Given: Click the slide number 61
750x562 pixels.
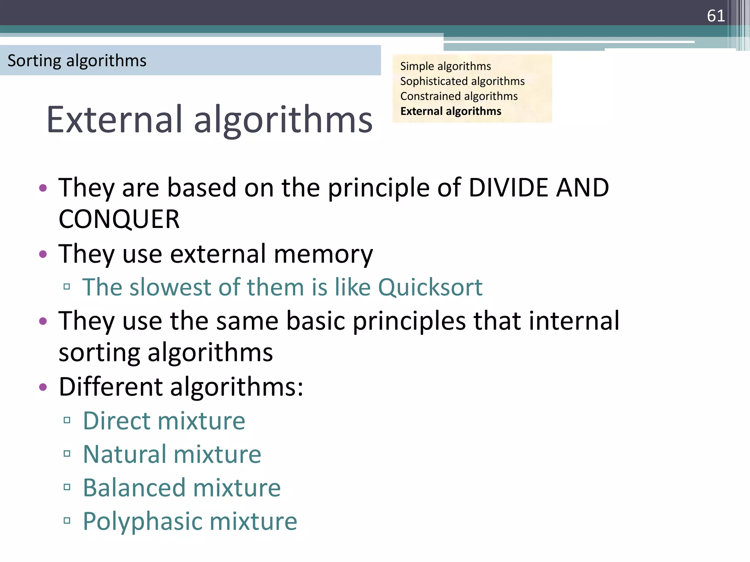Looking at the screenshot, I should pyautogui.click(x=716, y=16).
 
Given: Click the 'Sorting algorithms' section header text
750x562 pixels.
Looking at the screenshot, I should pyautogui.click(x=77, y=60).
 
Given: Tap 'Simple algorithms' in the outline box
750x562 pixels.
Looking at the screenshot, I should pyautogui.click(x=445, y=66).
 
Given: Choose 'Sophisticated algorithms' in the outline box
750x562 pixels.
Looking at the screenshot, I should pyautogui.click(x=462, y=81).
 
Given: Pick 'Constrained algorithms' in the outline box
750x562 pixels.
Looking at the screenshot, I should pyautogui.click(x=459, y=96).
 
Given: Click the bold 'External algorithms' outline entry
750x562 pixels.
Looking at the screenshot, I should pyautogui.click(x=451, y=111).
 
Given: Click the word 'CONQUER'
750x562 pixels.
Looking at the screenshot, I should pyautogui.click(x=119, y=219).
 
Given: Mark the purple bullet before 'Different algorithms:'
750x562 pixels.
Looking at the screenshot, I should pyautogui.click(x=43, y=387).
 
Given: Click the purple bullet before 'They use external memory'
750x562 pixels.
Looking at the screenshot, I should pyautogui.click(x=43, y=254).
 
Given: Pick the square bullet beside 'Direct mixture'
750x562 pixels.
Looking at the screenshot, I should pyautogui.click(x=67, y=420).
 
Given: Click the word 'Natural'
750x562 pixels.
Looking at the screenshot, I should pyautogui.click(x=124, y=454).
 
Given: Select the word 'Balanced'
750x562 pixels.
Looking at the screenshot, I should pyautogui.click(x=134, y=488).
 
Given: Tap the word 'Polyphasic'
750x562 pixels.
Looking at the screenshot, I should pyautogui.click(x=142, y=521).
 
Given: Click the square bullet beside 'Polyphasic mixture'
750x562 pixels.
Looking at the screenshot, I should pyautogui.click(x=67, y=521).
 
